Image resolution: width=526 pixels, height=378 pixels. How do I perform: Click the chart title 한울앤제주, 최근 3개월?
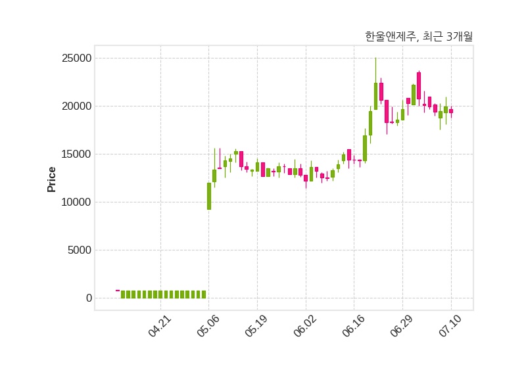coord(419,36)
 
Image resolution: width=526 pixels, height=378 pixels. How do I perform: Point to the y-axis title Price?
coord(51,179)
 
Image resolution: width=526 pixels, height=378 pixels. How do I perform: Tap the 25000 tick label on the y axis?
coord(76,59)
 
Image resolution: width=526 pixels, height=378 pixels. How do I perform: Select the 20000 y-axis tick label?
coord(76,106)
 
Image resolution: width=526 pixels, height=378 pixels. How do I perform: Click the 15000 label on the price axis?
coord(76,154)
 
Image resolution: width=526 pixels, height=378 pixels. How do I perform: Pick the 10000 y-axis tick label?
coord(76,202)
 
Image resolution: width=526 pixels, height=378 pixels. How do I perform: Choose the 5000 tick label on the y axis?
coord(80,250)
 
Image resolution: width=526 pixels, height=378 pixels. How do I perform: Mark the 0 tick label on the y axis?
coord(89,298)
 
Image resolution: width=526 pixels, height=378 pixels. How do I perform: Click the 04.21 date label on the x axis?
coord(160,325)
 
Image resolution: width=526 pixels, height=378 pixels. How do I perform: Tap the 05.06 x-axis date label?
coord(208,325)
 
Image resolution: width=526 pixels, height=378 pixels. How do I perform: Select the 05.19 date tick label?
coord(256,325)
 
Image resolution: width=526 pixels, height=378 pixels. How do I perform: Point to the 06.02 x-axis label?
coord(305,325)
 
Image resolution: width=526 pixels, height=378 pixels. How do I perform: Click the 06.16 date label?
coord(353,325)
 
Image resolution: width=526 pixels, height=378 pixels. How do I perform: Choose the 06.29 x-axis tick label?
coord(402,325)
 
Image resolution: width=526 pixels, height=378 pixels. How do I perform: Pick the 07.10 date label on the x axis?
coord(450,325)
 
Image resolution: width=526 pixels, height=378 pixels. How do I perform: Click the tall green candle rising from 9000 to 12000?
coord(209,196)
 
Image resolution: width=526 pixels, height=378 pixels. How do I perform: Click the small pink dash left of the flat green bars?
coord(118,291)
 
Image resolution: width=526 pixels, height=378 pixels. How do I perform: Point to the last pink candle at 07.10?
coord(451,111)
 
